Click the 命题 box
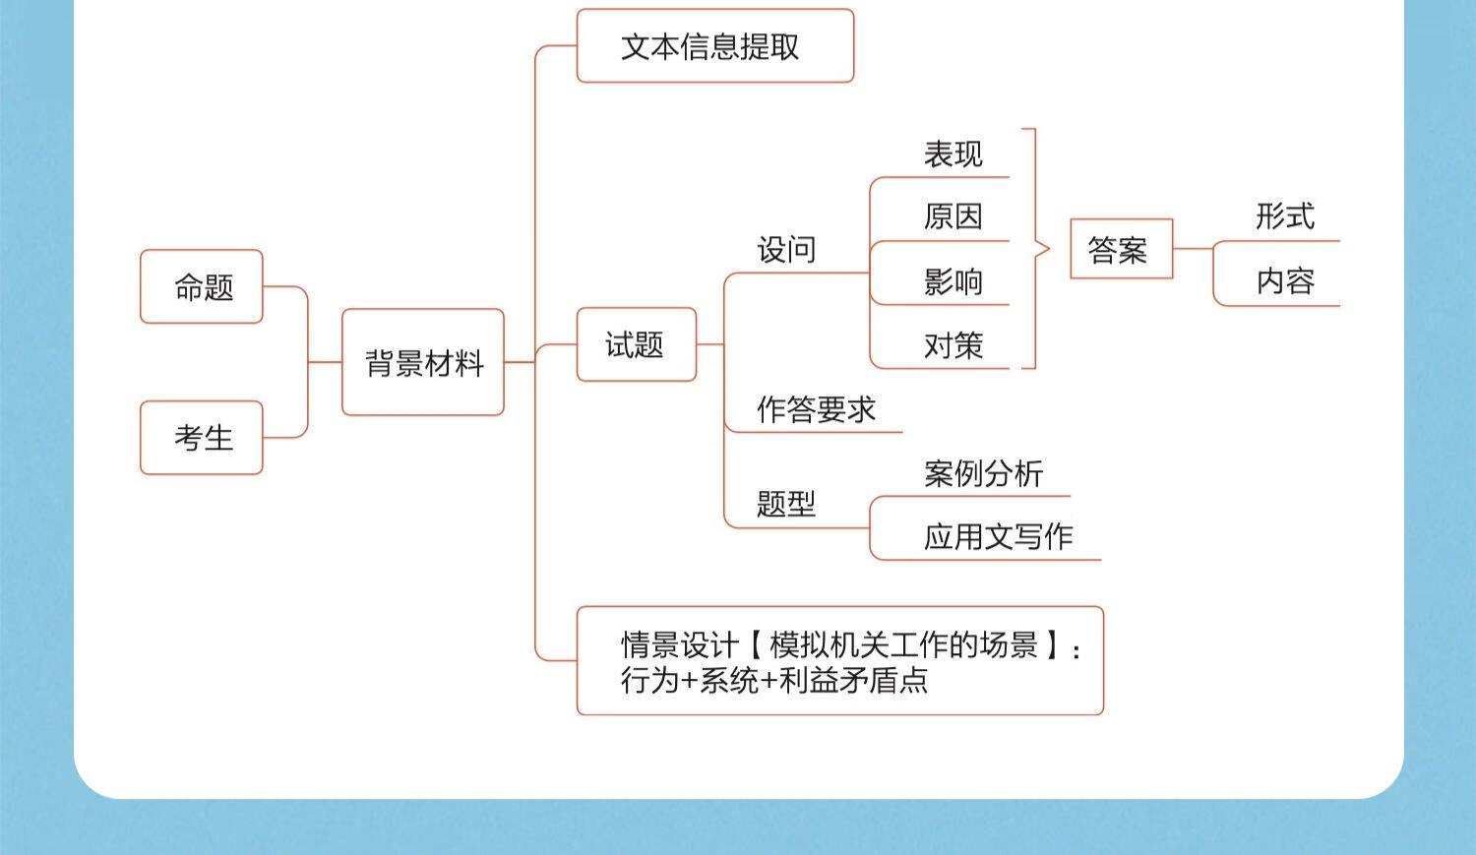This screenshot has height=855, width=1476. click(202, 286)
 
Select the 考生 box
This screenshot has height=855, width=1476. click(202, 438)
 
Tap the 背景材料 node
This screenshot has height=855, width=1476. click(423, 363)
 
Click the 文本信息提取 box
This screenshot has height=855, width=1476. click(714, 46)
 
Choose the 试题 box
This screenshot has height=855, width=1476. click(636, 344)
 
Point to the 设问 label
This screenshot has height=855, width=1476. click(786, 250)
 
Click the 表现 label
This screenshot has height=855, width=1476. click(953, 154)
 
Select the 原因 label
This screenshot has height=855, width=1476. click(953, 216)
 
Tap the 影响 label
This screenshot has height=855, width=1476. click(953, 281)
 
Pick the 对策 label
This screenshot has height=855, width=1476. click(953, 345)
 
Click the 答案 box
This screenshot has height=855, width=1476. click(1121, 249)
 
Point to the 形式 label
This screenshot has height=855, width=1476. click(1284, 216)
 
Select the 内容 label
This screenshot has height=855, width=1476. click(1284, 281)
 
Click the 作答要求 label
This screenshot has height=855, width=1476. click(816, 409)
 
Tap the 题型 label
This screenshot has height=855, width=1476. click(786, 504)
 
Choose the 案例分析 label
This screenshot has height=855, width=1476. click(983, 473)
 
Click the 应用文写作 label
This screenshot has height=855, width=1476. click(998, 536)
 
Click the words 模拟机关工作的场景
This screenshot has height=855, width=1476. click(903, 645)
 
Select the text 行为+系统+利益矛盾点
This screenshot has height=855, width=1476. click(774, 680)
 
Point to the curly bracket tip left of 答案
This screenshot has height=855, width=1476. click(1048, 249)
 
